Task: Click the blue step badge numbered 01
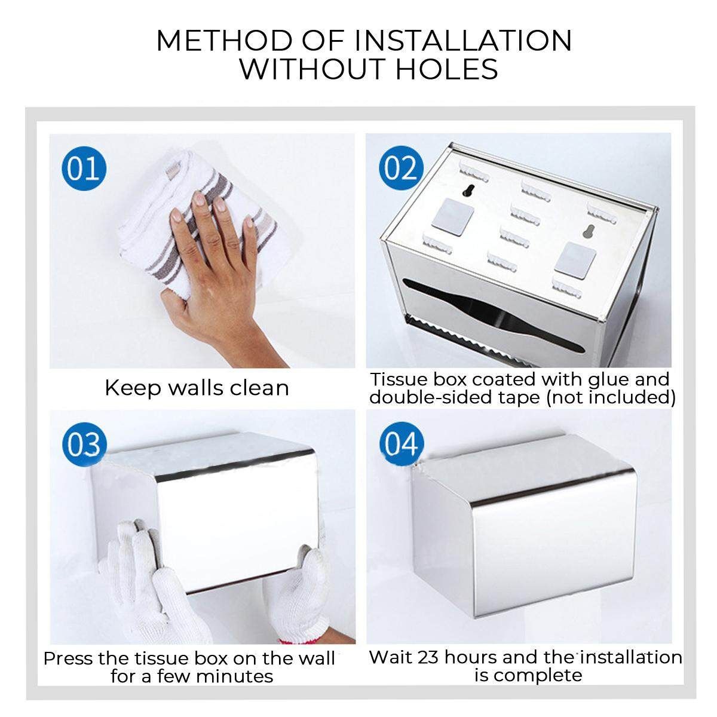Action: pyautogui.click(x=84, y=168)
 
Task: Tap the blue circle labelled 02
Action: pyautogui.click(x=401, y=168)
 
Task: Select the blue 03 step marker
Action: pyautogui.click(x=84, y=445)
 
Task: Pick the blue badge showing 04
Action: pyautogui.click(x=402, y=444)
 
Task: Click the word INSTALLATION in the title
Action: pyautogui.click(x=463, y=40)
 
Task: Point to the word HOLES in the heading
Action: pyautogui.click(x=447, y=69)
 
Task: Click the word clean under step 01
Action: pyautogui.click(x=259, y=388)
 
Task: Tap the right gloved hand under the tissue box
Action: pyautogui.click(x=298, y=591)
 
